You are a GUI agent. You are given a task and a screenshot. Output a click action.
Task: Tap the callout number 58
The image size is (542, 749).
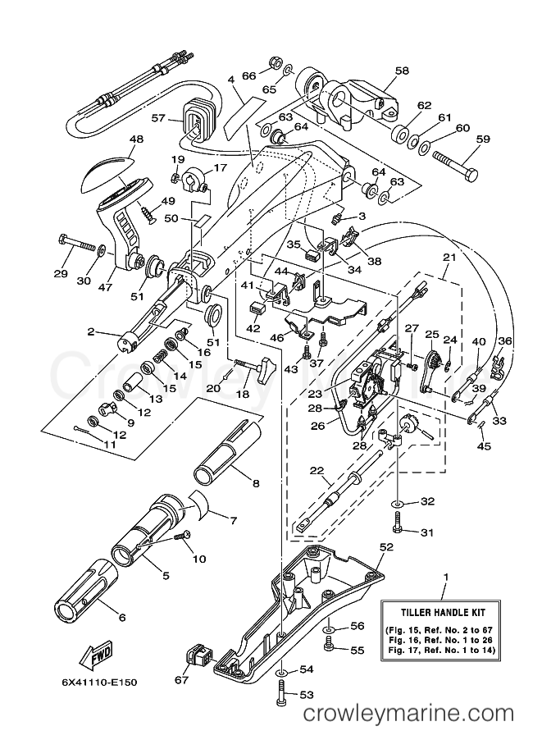401,72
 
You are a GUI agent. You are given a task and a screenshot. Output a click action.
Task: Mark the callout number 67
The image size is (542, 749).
181,678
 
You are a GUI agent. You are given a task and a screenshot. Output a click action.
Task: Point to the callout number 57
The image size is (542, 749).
157,118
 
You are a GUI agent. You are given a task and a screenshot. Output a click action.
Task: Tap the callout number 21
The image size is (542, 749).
449,257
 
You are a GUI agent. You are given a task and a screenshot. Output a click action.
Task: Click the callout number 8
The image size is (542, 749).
255,484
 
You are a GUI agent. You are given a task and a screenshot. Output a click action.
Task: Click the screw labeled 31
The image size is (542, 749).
396,520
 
